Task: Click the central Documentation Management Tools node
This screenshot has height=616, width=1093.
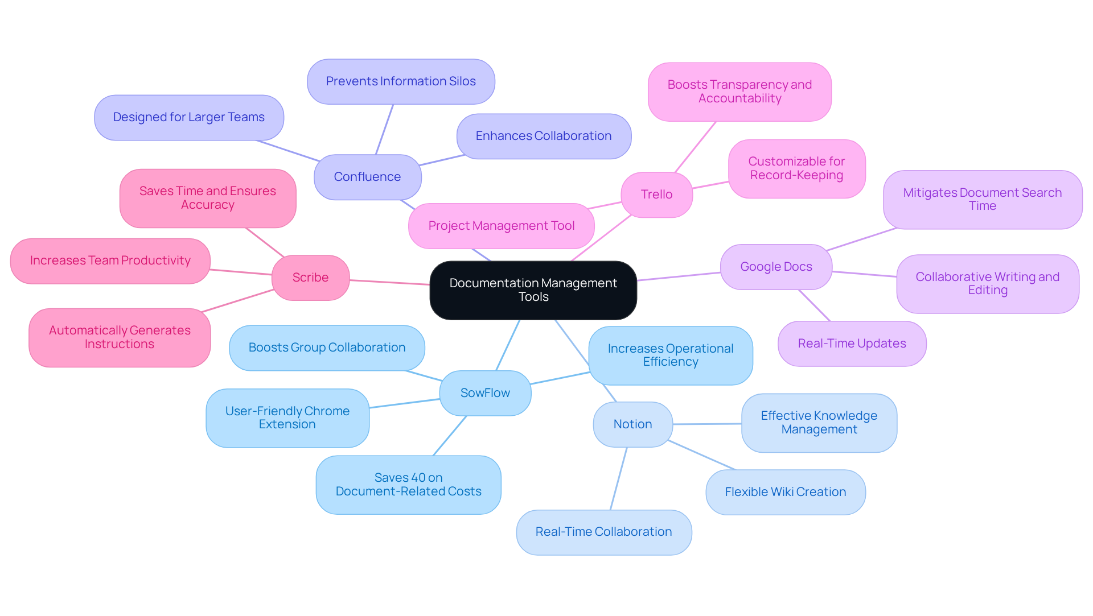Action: pos(533,290)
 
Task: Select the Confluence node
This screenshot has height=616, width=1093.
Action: pos(367,177)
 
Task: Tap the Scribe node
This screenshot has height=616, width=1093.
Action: pos(310,278)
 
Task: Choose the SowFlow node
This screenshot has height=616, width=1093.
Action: pos(485,393)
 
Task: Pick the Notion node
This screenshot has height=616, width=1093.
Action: pos(632,424)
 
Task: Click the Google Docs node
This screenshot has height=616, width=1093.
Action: pos(776,267)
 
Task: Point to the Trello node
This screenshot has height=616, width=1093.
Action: pos(656,195)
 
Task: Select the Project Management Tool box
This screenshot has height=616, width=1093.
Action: pos(501,226)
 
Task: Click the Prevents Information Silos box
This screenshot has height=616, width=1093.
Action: pos(401,81)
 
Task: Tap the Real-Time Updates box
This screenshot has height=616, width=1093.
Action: pos(852,344)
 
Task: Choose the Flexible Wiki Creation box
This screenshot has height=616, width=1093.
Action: pos(785,492)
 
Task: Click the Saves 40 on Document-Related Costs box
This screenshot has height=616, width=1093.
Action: pos(408,485)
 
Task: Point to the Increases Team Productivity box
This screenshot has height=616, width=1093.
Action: pos(110,261)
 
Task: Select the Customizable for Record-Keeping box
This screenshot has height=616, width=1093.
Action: pos(796,168)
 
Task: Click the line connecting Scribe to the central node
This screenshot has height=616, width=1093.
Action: pos(390,282)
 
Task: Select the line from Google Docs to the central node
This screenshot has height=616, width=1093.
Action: pos(679,276)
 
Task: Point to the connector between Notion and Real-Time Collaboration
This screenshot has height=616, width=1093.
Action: pos(619,478)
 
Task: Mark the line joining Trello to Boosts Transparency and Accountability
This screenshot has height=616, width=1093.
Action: pos(695,147)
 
